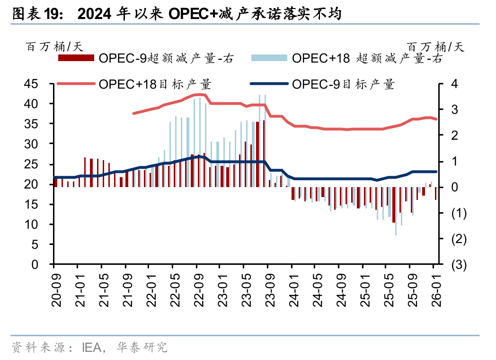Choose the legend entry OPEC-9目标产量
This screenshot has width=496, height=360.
point(343,84)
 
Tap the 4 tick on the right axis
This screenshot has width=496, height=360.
point(454,84)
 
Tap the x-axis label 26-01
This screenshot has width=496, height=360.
point(435,291)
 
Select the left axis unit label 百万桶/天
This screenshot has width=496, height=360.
point(54,46)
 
